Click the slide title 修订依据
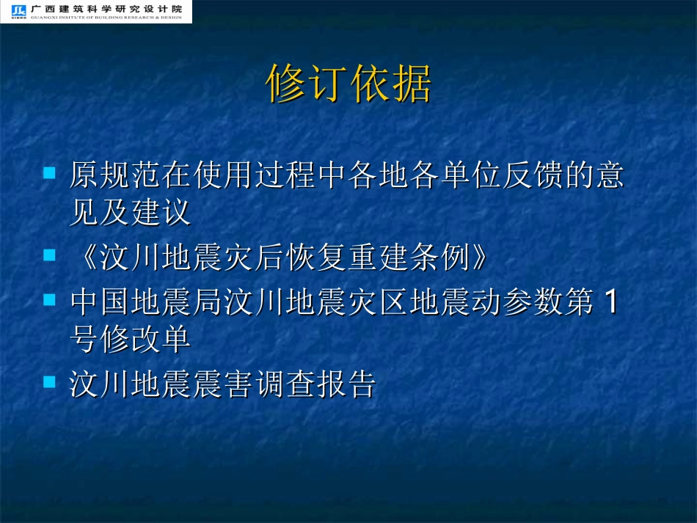(x=348, y=84)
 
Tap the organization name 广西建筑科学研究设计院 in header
(x=107, y=8)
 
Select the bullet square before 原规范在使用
(x=50, y=173)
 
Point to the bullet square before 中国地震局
(x=50, y=300)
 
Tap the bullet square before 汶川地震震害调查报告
(x=50, y=381)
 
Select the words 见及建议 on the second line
(x=130, y=213)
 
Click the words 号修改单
(x=130, y=340)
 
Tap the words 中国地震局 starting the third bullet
(x=146, y=302)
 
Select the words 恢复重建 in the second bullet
(x=332, y=257)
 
